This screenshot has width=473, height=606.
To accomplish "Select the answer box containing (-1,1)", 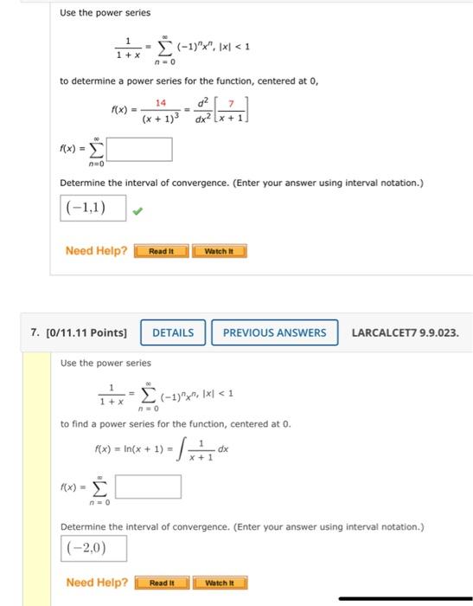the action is pos(93,209).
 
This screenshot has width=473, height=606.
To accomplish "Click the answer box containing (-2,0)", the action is pos(93,547).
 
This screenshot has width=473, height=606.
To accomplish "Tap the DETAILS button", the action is pos(174,332).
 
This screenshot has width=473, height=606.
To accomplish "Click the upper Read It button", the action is pos(161,251).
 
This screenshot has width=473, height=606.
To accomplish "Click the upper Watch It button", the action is pos(220,251).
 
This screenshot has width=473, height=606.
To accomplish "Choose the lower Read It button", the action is pos(162,583).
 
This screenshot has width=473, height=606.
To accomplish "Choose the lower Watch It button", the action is pos(220,583).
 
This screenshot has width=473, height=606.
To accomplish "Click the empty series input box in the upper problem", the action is pos(139,149).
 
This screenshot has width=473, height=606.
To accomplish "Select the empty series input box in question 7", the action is pos(148,487).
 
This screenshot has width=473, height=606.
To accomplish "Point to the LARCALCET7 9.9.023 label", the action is pos(405,332).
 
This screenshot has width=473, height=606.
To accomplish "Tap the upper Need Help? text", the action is pos(96,251).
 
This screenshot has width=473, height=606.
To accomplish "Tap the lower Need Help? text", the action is pos(96,583).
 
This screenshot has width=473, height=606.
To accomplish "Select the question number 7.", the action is pos(34,332).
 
